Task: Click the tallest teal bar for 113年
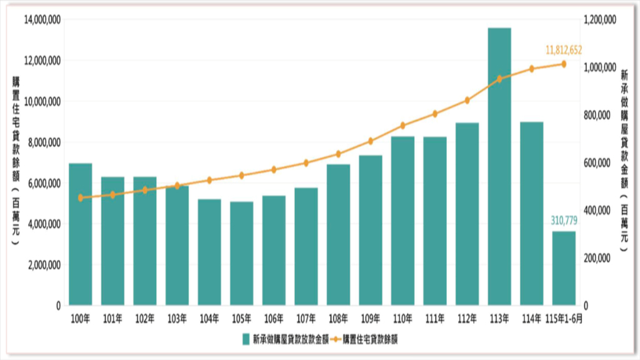[499, 166]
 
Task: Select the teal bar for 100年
[81, 234]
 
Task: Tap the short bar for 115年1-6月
[564, 269]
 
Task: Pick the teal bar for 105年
[242, 254]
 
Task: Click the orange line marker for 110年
[403, 126]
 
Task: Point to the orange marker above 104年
[209, 180]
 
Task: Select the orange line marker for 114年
[531, 69]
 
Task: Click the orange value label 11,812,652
[564, 50]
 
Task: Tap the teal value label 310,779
[564, 221]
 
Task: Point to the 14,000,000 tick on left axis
[42, 19]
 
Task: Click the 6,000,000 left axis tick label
[44, 183]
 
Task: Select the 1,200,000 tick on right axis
[600, 19]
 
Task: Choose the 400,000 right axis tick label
[597, 211]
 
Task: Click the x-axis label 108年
[338, 319]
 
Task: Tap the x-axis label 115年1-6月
[564, 319]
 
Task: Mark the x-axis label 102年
[145, 319]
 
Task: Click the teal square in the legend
[246, 339]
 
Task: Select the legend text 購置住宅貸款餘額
[370, 339]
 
